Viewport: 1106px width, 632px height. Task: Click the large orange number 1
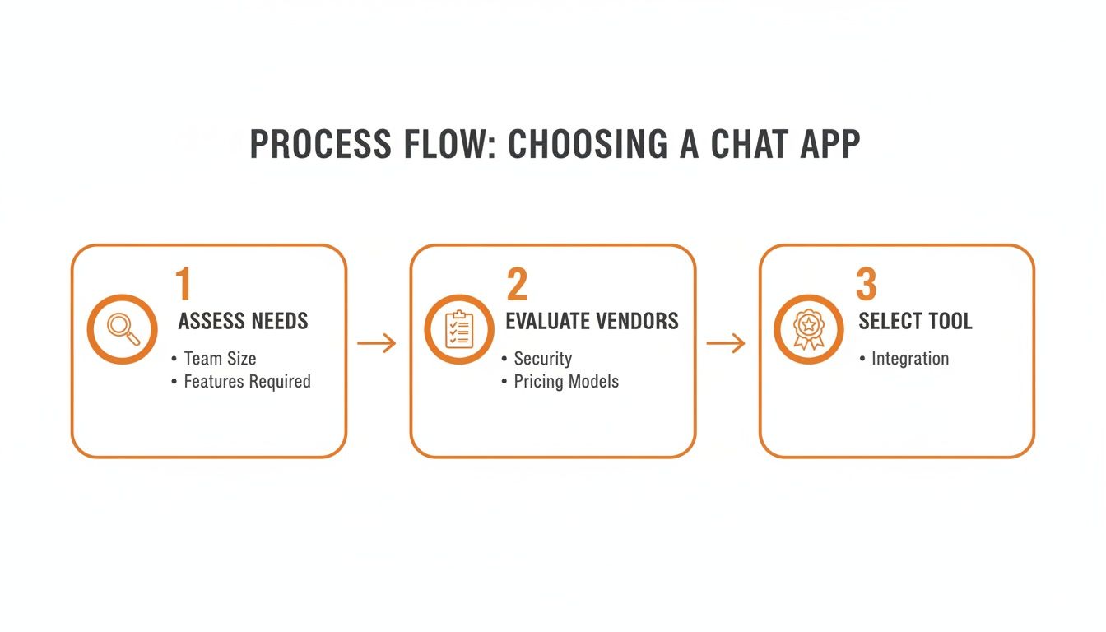[x=184, y=284]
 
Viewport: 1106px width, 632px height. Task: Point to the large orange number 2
[x=517, y=284]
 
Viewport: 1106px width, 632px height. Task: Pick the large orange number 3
[x=867, y=284]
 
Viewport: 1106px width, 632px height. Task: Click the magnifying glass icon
[x=123, y=329]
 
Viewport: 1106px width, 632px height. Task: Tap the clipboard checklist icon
[x=458, y=329]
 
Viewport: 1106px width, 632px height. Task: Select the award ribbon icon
[x=809, y=329]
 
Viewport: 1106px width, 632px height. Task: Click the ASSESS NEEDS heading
[x=243, y=321]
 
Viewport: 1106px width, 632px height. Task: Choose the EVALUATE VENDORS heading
[x=592, y=321]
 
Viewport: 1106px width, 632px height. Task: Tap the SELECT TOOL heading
[x=915, y=321]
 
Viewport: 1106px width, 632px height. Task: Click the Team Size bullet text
[x=220, y=359]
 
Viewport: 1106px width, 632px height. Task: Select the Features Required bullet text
[x=247, y=382]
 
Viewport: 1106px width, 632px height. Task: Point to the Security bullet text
[x=542, y=359]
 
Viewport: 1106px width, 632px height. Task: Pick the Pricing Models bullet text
[x=566, y=382]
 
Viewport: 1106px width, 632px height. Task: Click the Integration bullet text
[x=910, y=359]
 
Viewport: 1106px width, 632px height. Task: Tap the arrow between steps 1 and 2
[x=377, y=343]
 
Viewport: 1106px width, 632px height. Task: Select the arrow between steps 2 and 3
[x=726, y=343]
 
